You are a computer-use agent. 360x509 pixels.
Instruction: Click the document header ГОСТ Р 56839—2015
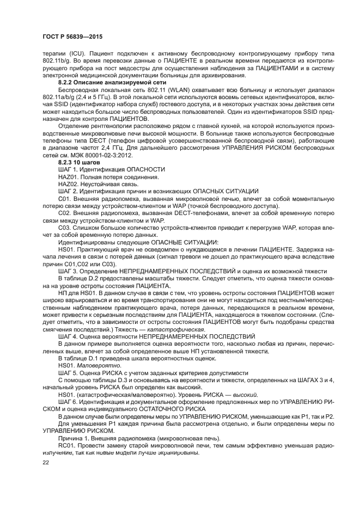(x=72, y=36)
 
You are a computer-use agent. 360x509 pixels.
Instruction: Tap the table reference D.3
(x=115, y=380)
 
